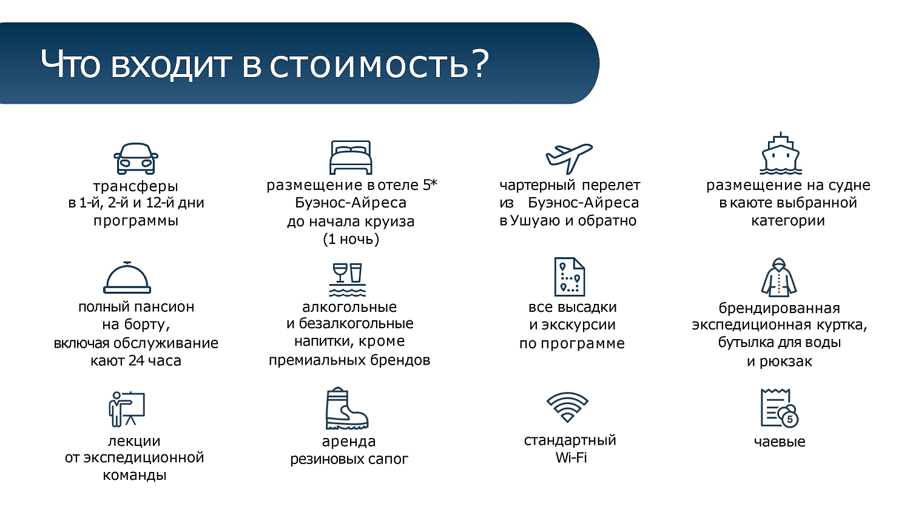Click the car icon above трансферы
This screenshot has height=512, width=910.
click(x=136, y=159)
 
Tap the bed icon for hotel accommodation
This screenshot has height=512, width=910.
click(x=351, y=158)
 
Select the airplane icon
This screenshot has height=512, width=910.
click(x=568, y=158)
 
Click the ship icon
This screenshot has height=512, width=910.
click(x=781, y=154)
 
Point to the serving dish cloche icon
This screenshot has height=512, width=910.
click(x=127, y=278)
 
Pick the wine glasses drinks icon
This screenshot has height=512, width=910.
click(x=348, y=280)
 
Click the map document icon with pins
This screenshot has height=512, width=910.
click(x=569, y=277)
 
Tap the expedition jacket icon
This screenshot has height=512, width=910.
click(x=779, y=278)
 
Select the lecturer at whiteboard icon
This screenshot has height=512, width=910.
click(x=127, y=409)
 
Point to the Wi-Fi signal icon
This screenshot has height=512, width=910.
click(x=567, y=407)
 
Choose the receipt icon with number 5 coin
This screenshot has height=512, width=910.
click(x=780, y=408)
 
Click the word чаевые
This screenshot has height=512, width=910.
click(x=780, y=442)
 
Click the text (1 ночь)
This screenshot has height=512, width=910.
click(x=351, y=239)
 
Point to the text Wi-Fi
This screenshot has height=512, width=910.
click(x=571, y=458)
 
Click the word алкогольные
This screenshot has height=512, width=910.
click(x=349, y=307)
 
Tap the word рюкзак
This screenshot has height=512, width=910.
click(x=786, y=362)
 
